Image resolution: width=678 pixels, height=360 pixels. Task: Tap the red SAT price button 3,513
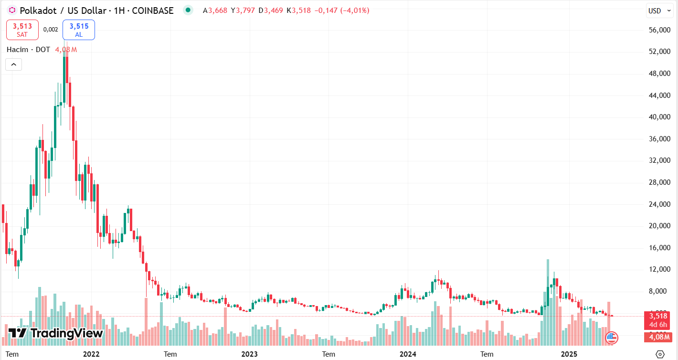pyautogui.click(x=22, y=30)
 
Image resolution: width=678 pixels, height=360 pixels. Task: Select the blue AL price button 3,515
pyautogui.click(x=79, y=30)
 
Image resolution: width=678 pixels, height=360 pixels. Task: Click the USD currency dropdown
pyautogui.click(x=657, y=11)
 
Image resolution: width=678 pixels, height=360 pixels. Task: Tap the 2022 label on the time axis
pyautogui.click(x=91, y=354)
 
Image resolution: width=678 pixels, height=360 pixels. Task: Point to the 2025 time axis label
pyautogui.click(x=569, y=354)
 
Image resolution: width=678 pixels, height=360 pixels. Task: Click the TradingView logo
pyautogui.click(x=56, y=333)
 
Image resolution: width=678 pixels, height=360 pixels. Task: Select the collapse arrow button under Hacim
pyautogui.click(x=13, y=64)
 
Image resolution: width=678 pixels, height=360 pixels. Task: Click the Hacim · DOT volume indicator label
pyautogui.click(x=29, y=50)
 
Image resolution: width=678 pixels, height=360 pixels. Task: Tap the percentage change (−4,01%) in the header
pyautogui.click(x=354, y=11)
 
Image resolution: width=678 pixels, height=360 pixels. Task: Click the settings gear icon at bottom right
pyautogui.click(x=660, y=354)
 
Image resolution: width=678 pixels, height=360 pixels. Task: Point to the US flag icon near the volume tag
pyautogui.click(x=612, y=338)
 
